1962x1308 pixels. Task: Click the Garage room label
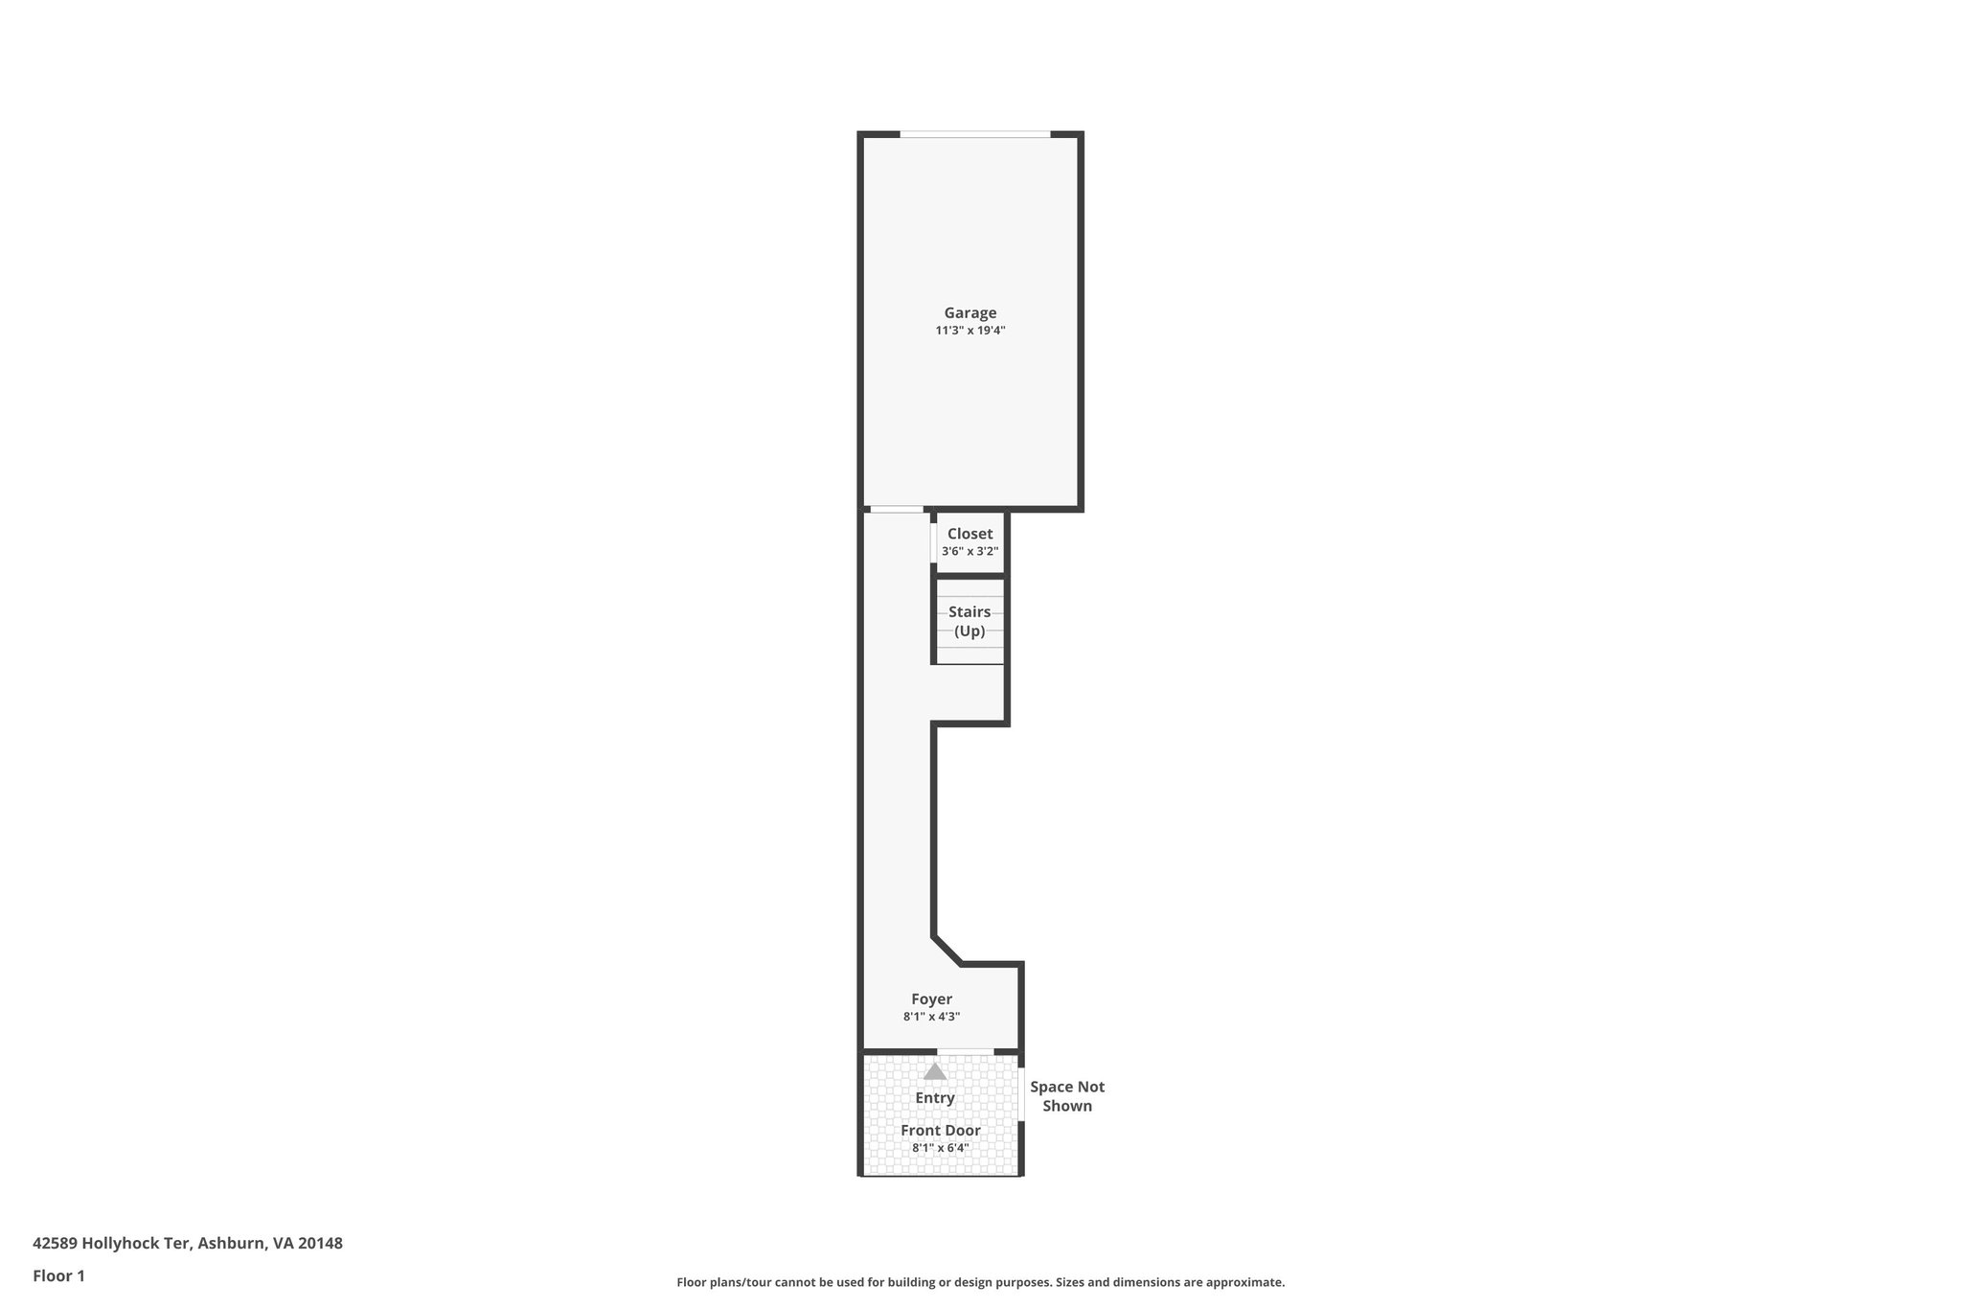(x=970, y=312)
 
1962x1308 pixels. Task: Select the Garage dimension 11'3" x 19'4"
(x=970, y=331)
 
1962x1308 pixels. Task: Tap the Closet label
(x=970, y=534)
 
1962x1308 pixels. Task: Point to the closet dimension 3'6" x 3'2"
(x=970, y=552)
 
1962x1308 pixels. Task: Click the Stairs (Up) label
(x=970, y=621)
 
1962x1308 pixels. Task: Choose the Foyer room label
(x=931, y=999)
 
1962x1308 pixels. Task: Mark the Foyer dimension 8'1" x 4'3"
(x=931, y=1017)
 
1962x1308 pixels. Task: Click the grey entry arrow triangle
(x=935, y=1071)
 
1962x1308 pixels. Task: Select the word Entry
(x=935, y=1098)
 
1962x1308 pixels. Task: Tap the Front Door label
(x=940, y=1131)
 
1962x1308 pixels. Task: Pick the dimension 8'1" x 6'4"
(x=940, y=1148)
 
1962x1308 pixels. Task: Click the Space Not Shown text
(x=1066, y=1096)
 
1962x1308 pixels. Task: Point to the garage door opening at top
(x=974, y=134)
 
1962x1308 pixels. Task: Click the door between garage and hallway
(x=896, y=510)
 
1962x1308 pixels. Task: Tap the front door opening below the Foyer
(x=965, y=1051)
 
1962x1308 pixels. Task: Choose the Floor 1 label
(x=58, y=1275)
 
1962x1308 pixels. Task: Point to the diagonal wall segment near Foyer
(x=947, y=951)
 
